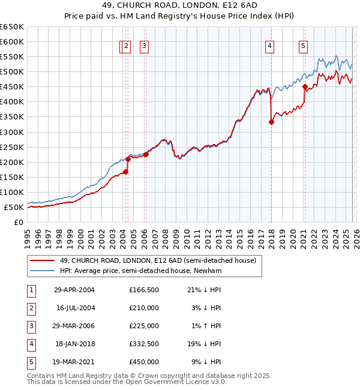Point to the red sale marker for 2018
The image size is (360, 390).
(271, 122)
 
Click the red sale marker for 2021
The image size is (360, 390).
(305, 86)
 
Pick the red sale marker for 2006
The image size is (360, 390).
(146, 154)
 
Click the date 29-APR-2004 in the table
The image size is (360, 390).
(74, 290)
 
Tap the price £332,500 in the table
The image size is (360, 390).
(143, 344)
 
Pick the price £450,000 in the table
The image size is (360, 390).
(143, 362)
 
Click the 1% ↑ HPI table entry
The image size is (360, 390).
(207, 326)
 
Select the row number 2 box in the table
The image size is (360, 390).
(30, 308)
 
